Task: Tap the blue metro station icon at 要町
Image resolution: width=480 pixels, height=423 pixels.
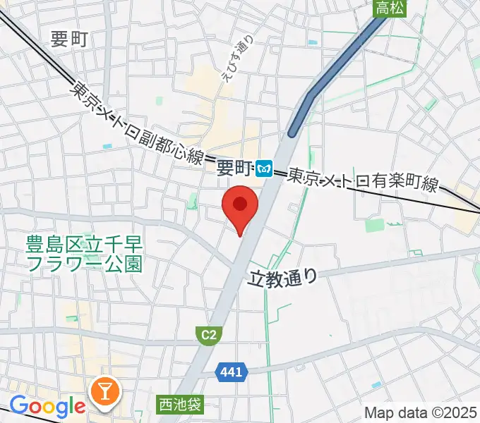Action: [x=265, y=168]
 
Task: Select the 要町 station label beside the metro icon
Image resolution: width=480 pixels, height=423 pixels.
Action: [x=234, y=168]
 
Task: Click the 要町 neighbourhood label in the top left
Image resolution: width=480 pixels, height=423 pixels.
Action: [x=69, y=39]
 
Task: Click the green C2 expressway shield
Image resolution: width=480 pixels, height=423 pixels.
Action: [x=207, y=336]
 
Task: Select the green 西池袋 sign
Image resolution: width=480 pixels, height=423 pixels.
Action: [x=180, y=405]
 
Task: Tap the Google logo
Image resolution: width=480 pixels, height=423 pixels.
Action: [x=47, y=406]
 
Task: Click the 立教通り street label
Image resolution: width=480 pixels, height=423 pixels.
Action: [x=283, y=278]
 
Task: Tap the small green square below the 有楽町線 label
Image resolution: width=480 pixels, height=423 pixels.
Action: [x=375, y=226]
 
